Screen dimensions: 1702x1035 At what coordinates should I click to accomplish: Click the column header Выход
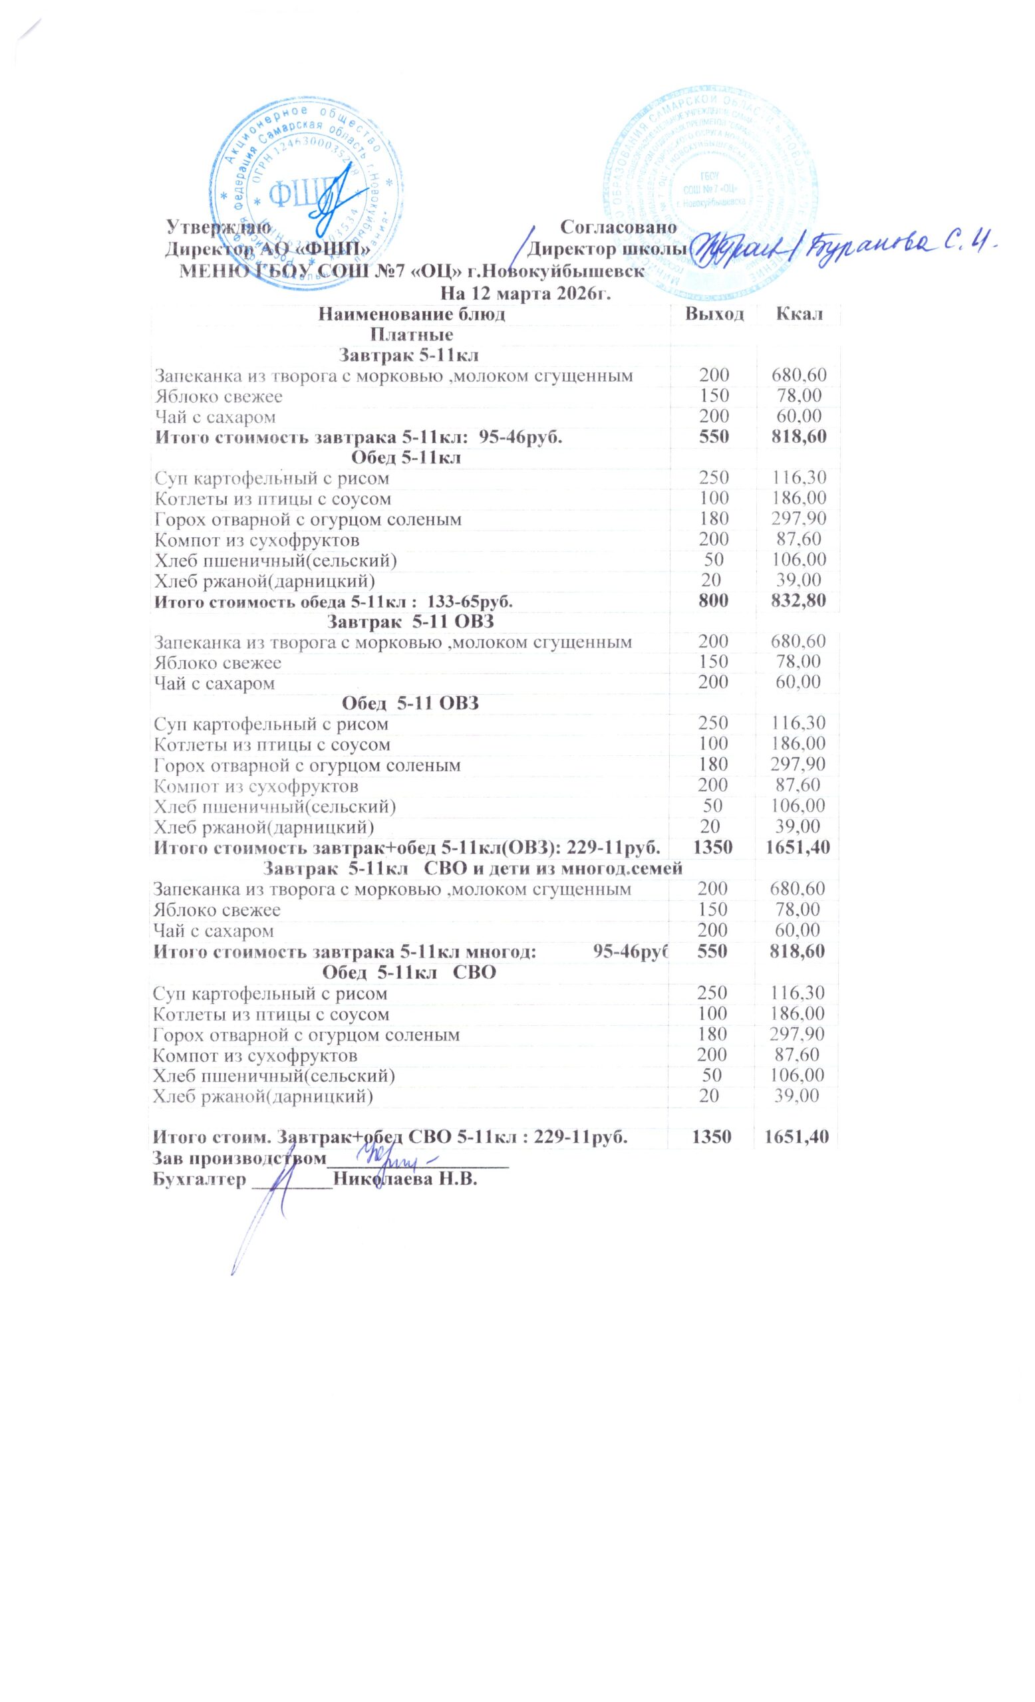tap(714, 315)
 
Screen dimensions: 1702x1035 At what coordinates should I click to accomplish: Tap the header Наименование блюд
tap(411, 315)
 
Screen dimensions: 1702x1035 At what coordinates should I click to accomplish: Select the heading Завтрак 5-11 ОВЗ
tap(410, 622)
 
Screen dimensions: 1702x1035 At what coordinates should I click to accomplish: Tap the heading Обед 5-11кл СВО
tap(410, 973)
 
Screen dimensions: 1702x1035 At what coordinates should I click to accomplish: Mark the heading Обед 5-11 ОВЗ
tap(410, 703)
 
